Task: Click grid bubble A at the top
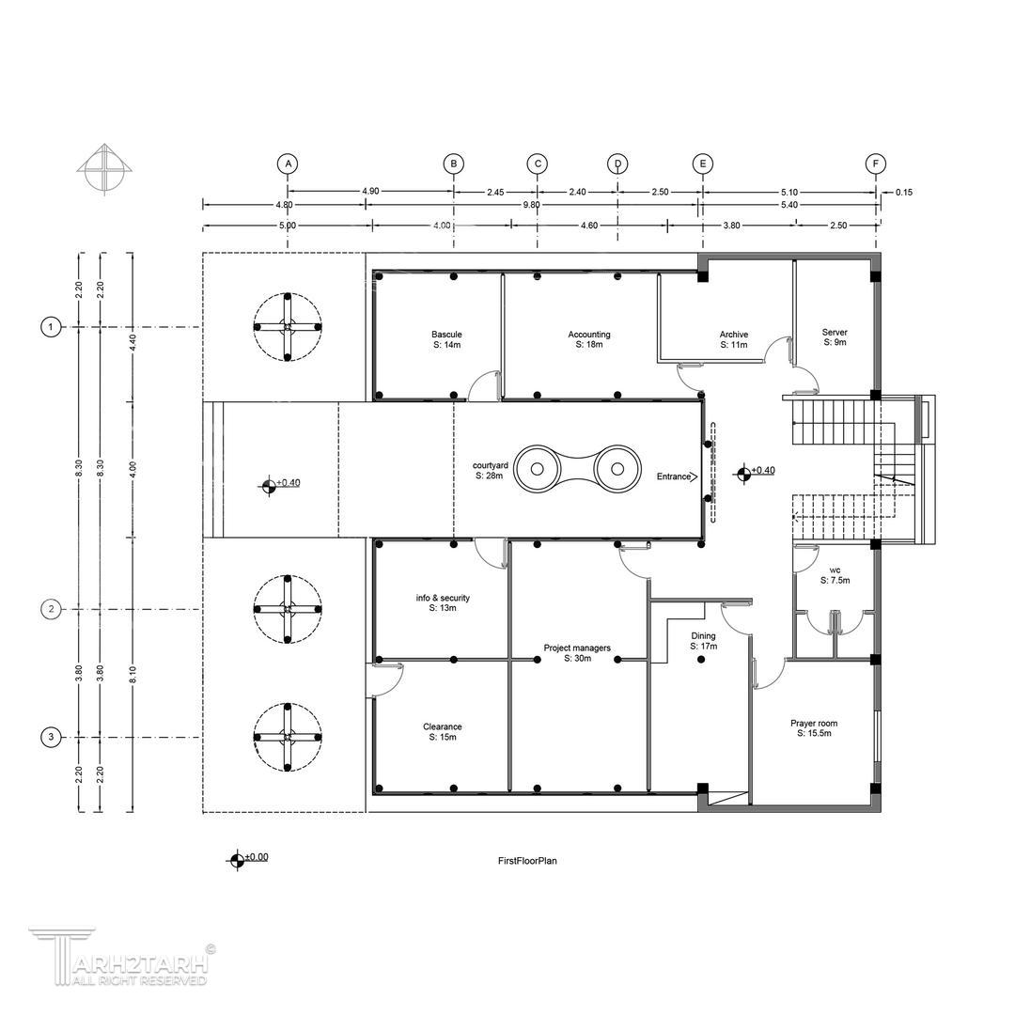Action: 289,164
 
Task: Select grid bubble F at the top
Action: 876,164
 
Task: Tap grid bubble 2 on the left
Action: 51,609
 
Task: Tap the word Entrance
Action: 674,476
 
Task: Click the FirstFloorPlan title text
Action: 527,861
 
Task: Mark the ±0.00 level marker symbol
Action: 237,860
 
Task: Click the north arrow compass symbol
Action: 104,167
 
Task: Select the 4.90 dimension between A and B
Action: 370,192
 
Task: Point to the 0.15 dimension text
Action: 904,193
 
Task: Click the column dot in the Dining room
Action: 701,660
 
